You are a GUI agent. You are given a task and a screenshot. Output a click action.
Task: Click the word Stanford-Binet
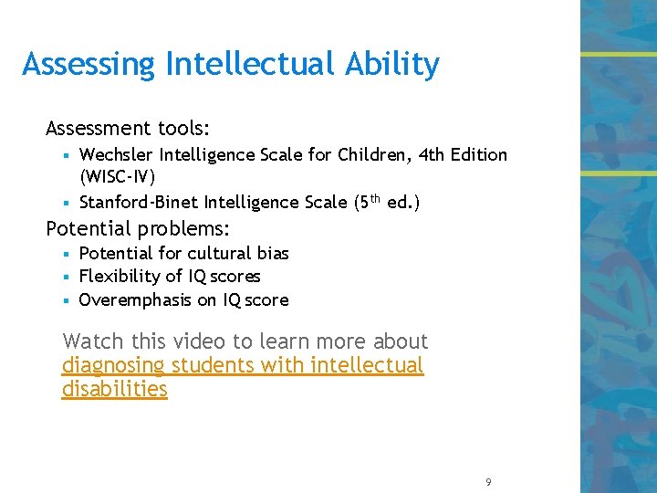[x=139, y=202]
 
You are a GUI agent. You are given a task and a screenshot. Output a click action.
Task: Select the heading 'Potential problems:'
[x=138, y=227]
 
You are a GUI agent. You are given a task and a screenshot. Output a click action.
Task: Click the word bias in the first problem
[x=272, y=253]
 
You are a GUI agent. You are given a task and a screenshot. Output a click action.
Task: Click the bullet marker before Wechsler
[x=68, y=155]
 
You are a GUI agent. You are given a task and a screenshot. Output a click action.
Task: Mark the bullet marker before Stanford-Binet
[x=68, y=203]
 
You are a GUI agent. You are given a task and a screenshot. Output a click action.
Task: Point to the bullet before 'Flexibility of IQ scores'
[x=68, y=277]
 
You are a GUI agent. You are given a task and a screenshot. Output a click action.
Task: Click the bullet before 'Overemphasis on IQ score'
[x=68, y=300]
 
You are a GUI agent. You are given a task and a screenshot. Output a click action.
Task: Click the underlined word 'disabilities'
[x=115, y=390]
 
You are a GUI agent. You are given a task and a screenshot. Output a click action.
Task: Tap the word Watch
[x=93, y=341]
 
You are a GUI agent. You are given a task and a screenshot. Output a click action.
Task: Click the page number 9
[x=489, y=482]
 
